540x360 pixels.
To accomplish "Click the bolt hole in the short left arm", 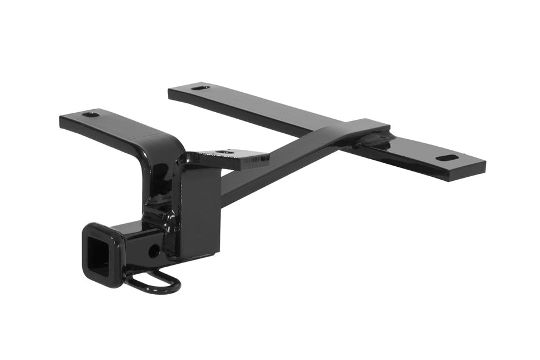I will click(91, 114).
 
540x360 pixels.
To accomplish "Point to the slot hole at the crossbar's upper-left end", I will click(200, 88).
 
